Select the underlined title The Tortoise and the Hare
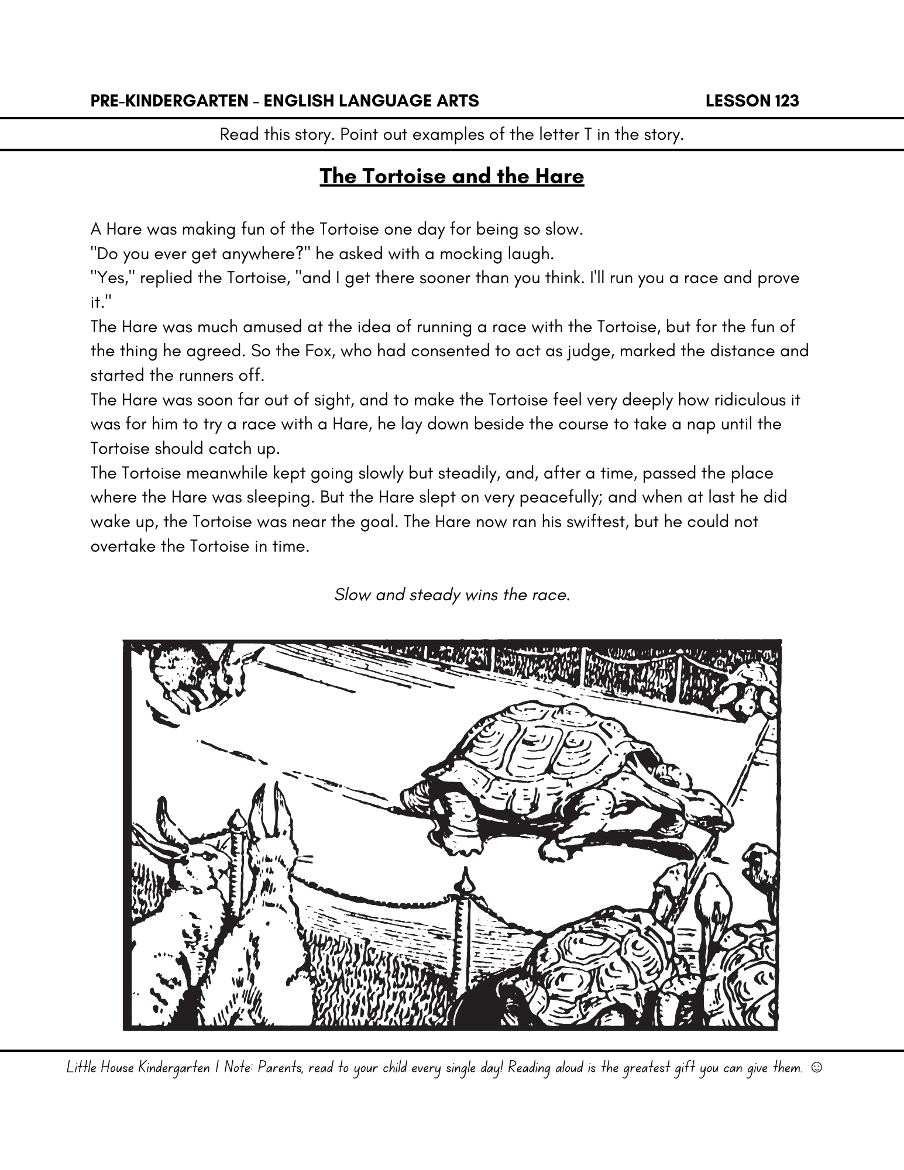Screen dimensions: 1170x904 (x=452, y=176)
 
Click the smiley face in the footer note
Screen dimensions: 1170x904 (x=817, y=1068)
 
